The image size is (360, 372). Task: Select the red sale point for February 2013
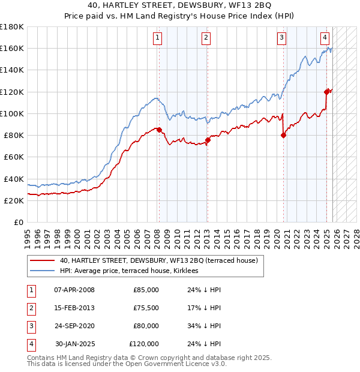pyautogui.click(x=207, y=140)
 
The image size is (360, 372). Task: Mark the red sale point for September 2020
pyautogui.click(x=283, y=135)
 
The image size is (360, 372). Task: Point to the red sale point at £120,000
pyautogui.click(x=327, y=92)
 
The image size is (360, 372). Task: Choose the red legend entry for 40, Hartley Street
pyautogui.click(x=158, y=260)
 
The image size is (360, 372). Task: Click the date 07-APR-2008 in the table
pyautogui.click(x=74, y=290)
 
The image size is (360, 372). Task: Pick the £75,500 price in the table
pyautogui.click(x=146, y=308)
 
